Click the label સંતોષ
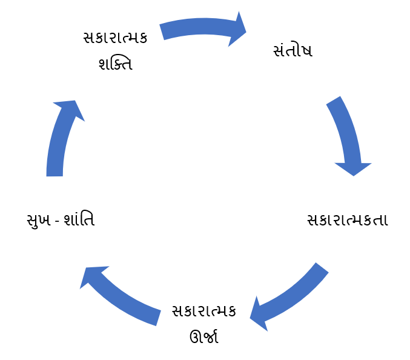pyautogui.click(x=293, y=50)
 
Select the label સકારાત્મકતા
pyautogui.click(x=347, y=219)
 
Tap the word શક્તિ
pyautogui.click(x=115, y=63)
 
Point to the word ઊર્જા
pyautogui.click(x=203, y=336)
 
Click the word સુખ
pyautogui.click(x=41, y=219)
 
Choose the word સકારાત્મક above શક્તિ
pyautogui.click(x=115, y=38)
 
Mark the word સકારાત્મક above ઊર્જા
pyautogui.click(x=203, y=311)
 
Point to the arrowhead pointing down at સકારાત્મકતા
pyautogui.click(x=353, y=168)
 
